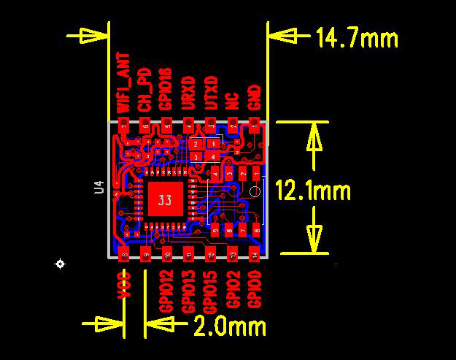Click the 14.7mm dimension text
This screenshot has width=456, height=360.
coord(357,37)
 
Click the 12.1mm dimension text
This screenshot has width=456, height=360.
coord(313,191)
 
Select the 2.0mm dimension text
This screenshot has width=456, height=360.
coord(230,326)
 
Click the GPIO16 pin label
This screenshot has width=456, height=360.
coord(166,90)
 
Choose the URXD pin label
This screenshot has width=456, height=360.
coord(189,93)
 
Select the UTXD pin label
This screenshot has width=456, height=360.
coord(212,93)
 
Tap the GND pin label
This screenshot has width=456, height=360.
coord(255,99)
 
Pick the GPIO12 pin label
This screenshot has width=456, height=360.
coord(166,291)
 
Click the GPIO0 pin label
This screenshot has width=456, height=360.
coord(255,288)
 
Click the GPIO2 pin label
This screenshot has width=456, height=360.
coord(233,288)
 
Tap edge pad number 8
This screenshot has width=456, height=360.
coord(124,254)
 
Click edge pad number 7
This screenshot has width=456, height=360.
coord(124,126)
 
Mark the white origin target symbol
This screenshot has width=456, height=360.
coord(60,263)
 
